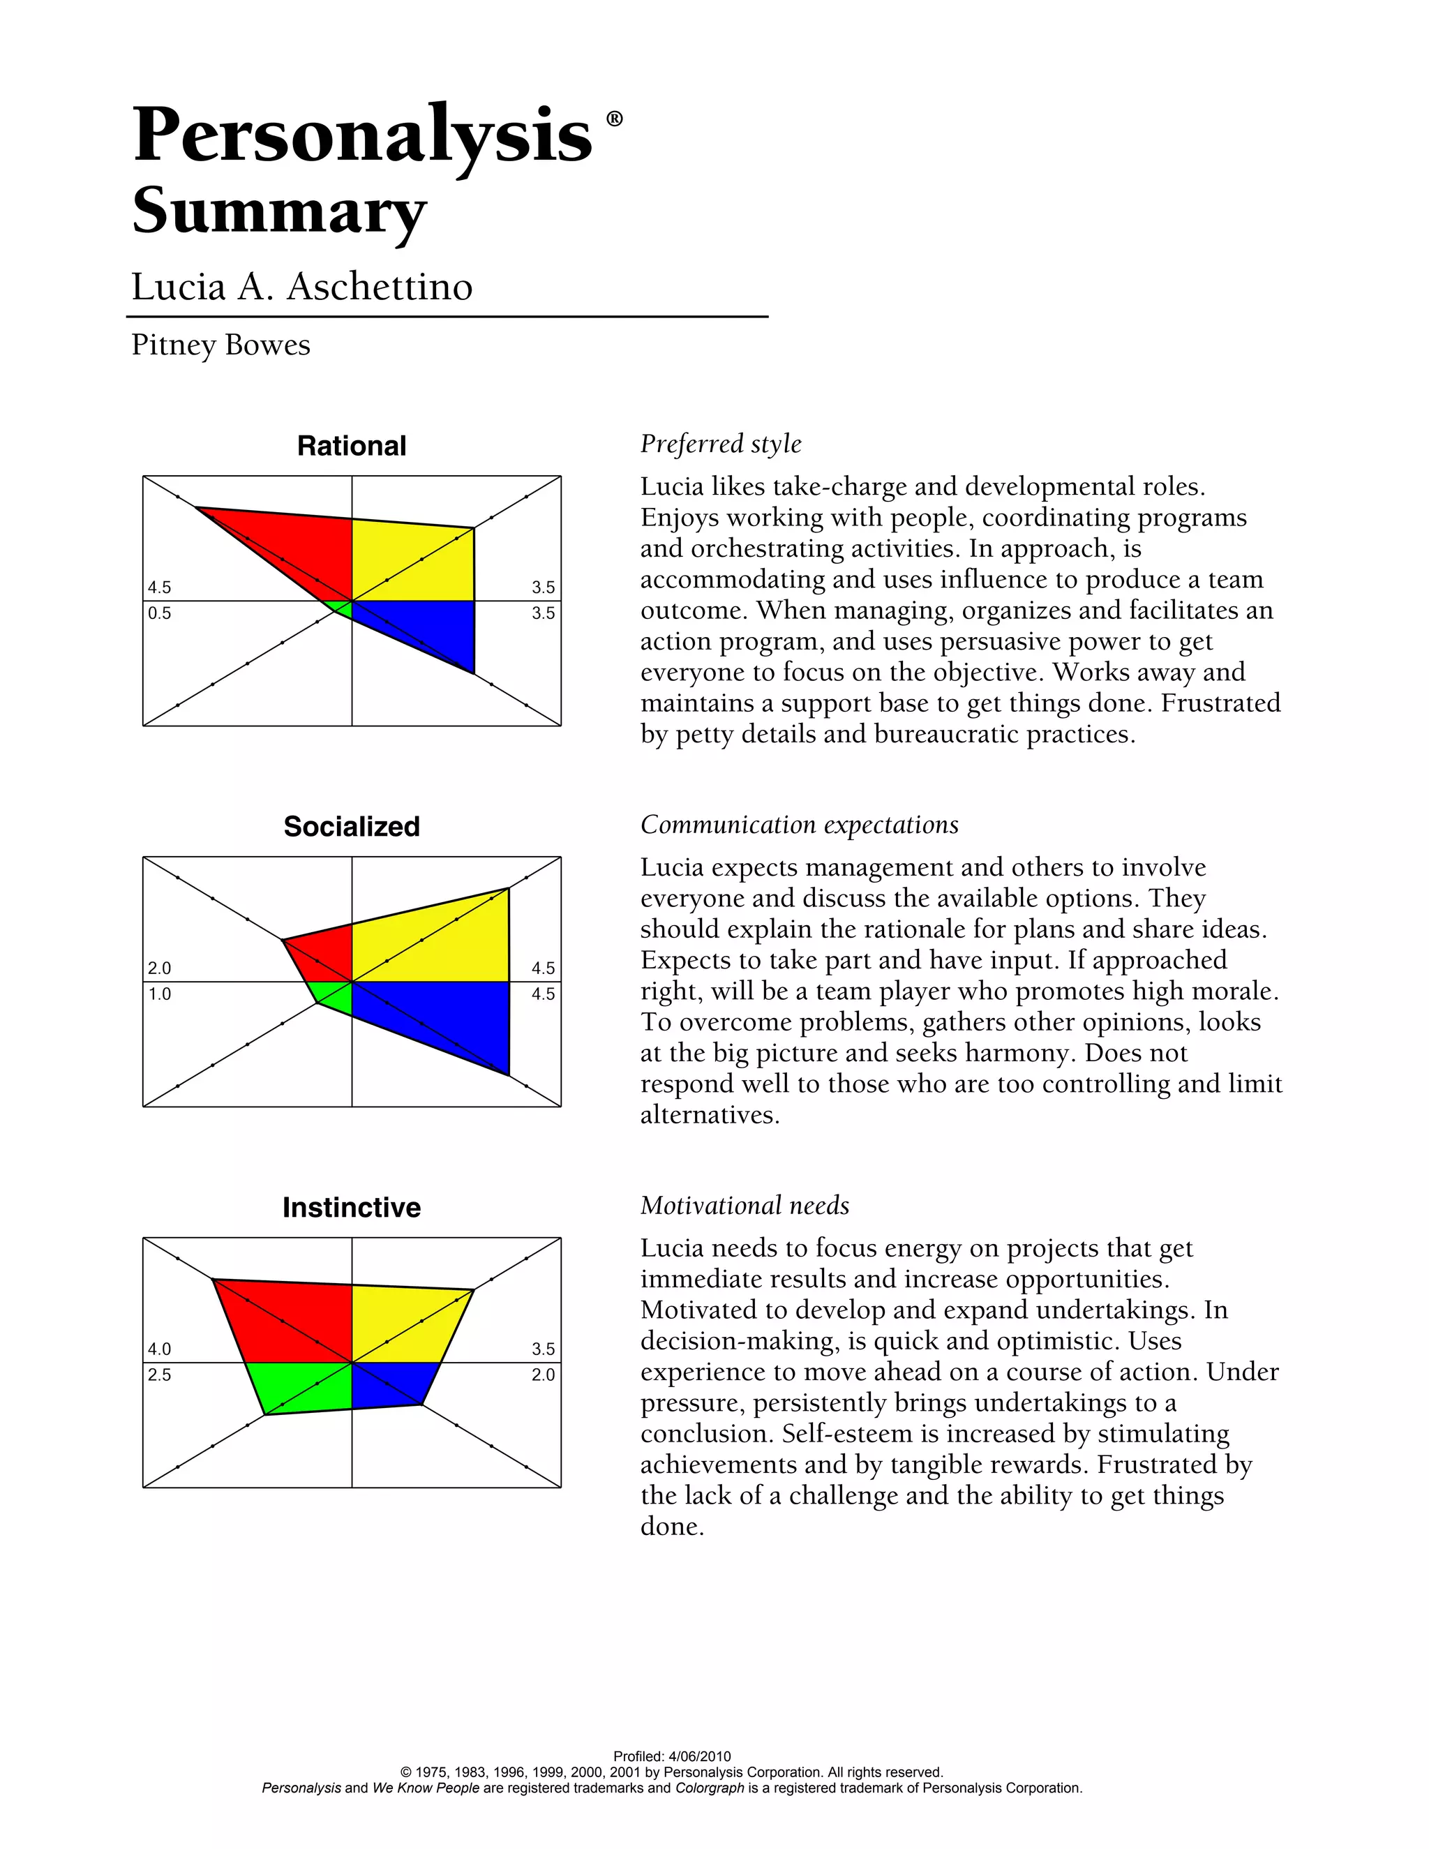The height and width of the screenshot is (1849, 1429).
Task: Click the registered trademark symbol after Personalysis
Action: (615, 119)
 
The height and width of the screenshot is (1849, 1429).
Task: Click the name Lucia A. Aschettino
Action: (301, 286)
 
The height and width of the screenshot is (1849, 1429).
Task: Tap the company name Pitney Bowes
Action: (221, 345)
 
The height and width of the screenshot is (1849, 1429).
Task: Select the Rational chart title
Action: (352, 446)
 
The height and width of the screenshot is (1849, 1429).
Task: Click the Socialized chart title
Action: (352, 826)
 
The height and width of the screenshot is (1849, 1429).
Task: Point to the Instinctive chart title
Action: (352, 1207)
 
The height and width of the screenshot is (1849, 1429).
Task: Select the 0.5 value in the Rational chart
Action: (159, 613)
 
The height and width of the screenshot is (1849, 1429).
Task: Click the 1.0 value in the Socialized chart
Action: (159, 994)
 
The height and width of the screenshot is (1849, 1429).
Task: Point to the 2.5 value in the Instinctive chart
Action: (159, 1375)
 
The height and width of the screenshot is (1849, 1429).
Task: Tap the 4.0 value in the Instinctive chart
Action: (159, 1349)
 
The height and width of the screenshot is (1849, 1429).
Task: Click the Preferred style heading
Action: (720, 444)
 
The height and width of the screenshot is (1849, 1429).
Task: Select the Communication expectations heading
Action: (799, 825)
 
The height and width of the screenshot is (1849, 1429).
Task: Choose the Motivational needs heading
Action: (744, 1206)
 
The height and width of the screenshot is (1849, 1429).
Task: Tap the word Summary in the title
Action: (279, 211)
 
